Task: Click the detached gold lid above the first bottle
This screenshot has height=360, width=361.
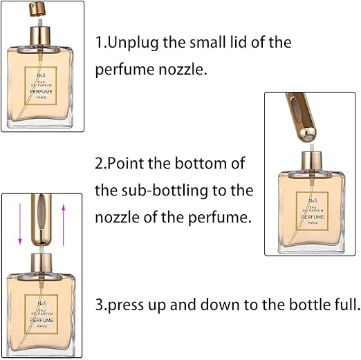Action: point(37,10)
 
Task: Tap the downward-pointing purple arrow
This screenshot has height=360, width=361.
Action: point(20,224)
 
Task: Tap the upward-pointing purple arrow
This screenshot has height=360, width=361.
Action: point(64,225)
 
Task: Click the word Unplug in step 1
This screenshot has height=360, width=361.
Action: point(133,43)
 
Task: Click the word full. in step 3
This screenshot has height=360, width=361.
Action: point(347,304)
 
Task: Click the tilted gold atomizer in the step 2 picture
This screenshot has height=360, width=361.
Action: point(301,117)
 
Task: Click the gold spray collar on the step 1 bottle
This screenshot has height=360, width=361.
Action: point(40,36)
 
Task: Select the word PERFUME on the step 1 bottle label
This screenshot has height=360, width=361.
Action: point(41,92)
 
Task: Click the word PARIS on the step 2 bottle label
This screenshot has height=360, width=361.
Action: point(313,222)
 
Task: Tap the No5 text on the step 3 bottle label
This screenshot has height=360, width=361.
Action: point(41,303)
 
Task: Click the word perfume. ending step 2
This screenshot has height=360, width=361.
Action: point(220,218)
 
